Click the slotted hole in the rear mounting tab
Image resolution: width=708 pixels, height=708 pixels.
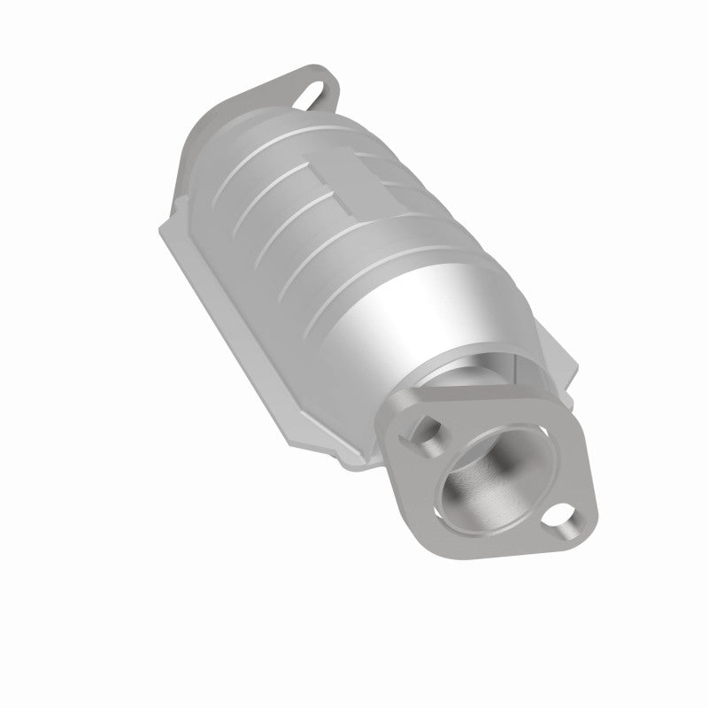(316, 92)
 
